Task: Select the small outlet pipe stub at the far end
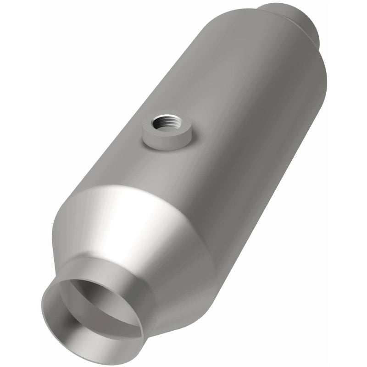point(294,18)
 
